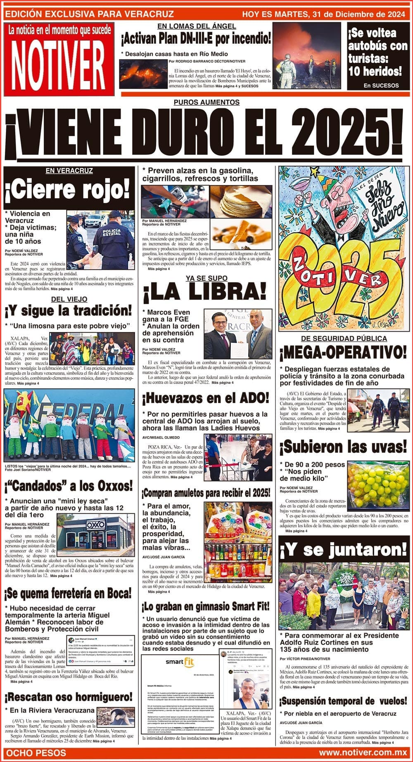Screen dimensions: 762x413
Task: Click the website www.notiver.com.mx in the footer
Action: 362,753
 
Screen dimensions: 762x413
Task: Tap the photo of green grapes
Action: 378,484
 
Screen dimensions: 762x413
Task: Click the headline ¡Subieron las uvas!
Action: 343,447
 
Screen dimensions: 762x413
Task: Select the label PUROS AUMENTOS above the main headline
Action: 206,102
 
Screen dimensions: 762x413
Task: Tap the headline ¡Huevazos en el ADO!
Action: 205,398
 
